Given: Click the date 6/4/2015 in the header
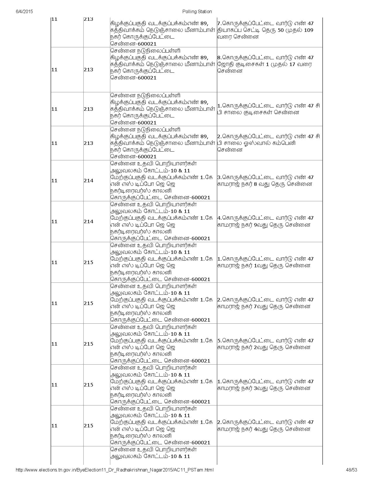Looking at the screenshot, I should click(x=24, y=11).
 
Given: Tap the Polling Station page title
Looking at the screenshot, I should click(x=197, y=11).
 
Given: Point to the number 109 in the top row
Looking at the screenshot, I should click(x=309, y=30).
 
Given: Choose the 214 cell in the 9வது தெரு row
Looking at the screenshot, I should click(x=88, y=221).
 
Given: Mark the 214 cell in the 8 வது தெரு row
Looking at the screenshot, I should click(x=88, y=181).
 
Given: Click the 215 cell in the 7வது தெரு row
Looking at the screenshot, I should click(x=88, y=303).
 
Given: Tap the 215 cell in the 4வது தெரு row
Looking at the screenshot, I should click(x=88, y=426).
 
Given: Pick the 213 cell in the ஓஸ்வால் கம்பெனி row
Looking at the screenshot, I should click(x=88, y=143).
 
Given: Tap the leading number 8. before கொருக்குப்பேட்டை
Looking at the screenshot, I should click(x=219, y=58).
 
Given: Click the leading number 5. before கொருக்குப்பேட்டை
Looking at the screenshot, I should click(x=219, y=341).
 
